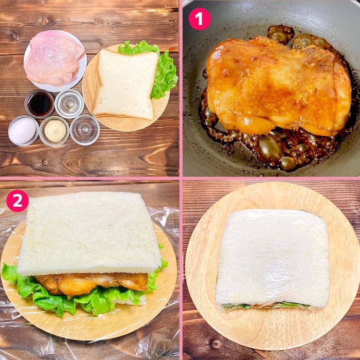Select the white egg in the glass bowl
click(x=23, y=130)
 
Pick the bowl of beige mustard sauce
click(x=55, y=131)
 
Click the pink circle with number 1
click(x=200, y=19)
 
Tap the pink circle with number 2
click(x=17, y=201)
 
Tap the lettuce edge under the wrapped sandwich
click(x=267, y=305)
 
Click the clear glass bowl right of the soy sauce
click(x=69, y=103)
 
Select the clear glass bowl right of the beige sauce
click(x=85, y=130)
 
